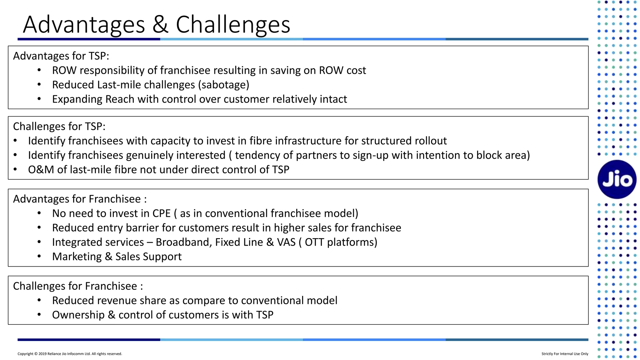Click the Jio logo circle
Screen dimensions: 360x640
point(617,179)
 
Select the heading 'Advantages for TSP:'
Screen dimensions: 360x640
point(61,56)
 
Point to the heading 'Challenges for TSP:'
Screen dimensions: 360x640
point(59,126)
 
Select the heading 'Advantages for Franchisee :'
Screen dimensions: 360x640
point(80,199)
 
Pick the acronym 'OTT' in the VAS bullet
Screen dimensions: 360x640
point(314,242)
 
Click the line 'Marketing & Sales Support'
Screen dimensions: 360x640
point(117,257)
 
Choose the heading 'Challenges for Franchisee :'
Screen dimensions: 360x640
point(78,286)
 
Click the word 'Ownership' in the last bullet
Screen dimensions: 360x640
point(78,315)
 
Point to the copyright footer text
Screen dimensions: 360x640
point(70,354)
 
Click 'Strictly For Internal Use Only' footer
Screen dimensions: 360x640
point(565,354)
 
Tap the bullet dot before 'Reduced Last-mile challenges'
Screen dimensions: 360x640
point(39,85)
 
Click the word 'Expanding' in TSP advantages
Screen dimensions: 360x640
point(77,99)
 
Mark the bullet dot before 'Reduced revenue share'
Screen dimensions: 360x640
point(39,301)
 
